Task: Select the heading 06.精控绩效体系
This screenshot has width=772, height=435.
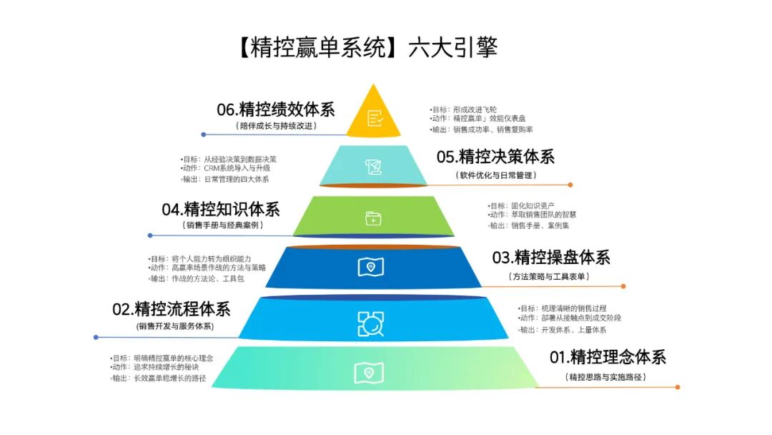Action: coord(276,109)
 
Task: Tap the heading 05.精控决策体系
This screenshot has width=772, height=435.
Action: coord(495,157)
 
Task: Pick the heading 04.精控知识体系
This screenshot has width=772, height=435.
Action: coord(221,209)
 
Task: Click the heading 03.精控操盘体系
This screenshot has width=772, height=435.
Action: coord(551,258)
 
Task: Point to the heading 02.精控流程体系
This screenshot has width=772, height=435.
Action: coord(172,309)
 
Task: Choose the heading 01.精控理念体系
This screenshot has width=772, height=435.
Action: coord(607,356)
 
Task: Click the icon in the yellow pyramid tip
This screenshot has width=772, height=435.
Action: coord(375,118)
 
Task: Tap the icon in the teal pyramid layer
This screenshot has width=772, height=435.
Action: coord(372,167)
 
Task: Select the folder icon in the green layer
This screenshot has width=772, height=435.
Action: coord(373,217)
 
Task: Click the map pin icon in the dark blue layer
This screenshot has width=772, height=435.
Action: coord(371,267)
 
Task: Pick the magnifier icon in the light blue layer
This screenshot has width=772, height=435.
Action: coord(371,323)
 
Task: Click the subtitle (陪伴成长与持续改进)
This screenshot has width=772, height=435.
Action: coord(276,126)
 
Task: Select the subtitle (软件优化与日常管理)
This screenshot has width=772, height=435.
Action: coord(495,174)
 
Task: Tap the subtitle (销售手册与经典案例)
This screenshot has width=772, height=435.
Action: coord(223,225)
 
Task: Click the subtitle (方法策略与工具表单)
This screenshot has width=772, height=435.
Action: coord(550,275)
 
